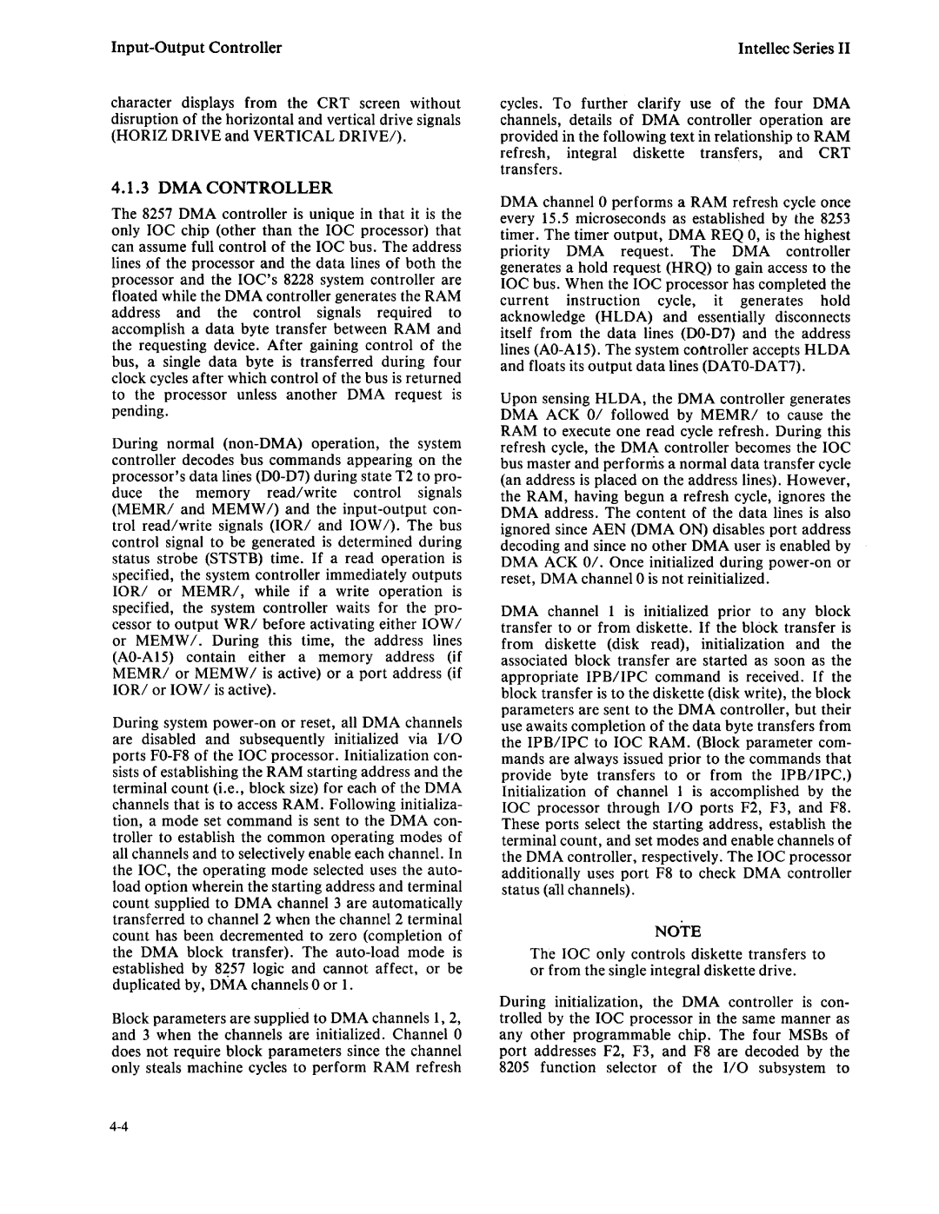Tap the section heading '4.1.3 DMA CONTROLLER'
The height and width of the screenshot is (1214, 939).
pos(223,188)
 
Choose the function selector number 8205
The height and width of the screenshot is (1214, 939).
pos(516,1067)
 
